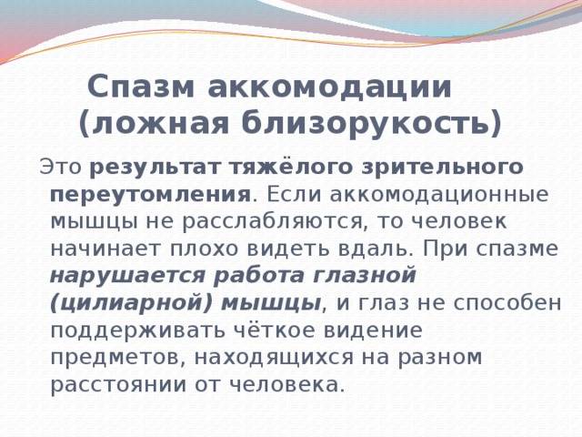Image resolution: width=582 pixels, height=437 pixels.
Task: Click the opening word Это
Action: tap(61, 167)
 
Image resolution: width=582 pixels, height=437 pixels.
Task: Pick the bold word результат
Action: tap(156, 168)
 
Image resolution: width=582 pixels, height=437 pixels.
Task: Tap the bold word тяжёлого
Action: tap(290, 168)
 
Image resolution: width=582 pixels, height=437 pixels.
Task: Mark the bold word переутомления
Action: tap(150, 195)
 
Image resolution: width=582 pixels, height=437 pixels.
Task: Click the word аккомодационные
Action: tap(438, 195)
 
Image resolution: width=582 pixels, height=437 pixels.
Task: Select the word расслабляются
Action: tap(272, 222)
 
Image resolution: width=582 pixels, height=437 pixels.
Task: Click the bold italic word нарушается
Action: tap(127, 276)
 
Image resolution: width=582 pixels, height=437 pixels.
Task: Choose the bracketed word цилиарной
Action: tap(131, 303)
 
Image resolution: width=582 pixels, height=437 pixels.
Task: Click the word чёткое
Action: tap(273, 330)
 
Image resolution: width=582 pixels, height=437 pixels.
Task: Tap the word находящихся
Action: tap(274, 358)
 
